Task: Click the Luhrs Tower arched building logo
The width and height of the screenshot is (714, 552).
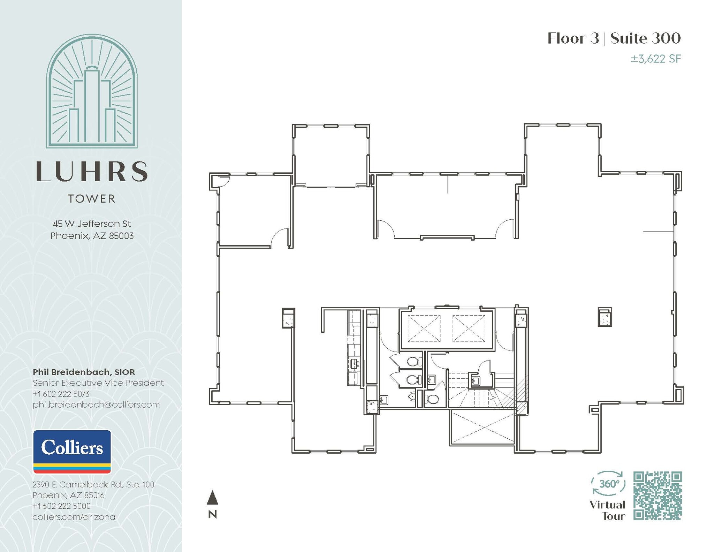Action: click(x=92, y=91)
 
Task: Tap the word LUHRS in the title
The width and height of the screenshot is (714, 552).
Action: click(x=92, y=172)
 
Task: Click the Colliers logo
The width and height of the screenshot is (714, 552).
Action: click(x=72, y=452)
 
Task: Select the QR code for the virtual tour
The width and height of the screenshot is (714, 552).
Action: click(x=657, y=496)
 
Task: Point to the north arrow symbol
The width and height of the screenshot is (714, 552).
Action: click(x=212, y=498)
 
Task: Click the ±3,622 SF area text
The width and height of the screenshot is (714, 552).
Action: click(x=655, y=59)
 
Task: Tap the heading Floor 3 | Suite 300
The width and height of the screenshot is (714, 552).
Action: click(x=614, y=38)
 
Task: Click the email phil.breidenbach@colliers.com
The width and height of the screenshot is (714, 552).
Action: click(x=96, y=405)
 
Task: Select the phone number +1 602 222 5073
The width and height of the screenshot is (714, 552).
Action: click(x=61, y=394)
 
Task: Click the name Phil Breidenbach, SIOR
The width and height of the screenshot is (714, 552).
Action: click(x=84, y=372)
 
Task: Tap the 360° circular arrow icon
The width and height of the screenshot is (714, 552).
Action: click(x=608, y=484)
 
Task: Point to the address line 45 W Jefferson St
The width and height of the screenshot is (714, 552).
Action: click(x=92, y=224)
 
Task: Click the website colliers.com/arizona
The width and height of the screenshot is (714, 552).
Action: click(x=74, y=517)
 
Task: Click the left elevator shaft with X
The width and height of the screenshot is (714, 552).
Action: click(x=424, y=328)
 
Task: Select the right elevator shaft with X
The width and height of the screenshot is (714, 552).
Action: click(x=469, y=328)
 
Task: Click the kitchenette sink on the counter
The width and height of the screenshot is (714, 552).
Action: click(x=354, y=364)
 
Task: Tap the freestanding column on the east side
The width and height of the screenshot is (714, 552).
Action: click(x=605, y=317)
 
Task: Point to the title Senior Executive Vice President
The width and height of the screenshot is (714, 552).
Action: click(x=98, y=383)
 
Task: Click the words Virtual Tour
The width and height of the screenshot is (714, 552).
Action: click(x=607, y=510)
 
